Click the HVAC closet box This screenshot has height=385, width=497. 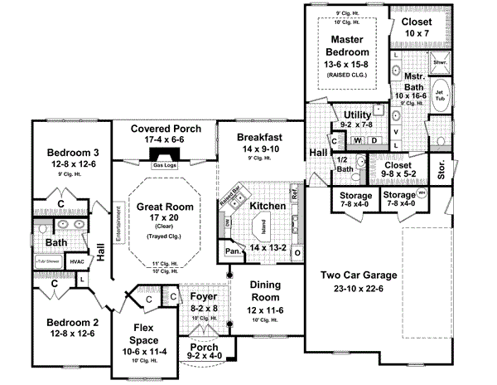(x=78, y=262)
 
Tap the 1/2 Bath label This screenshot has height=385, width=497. (x=347, y=164)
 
